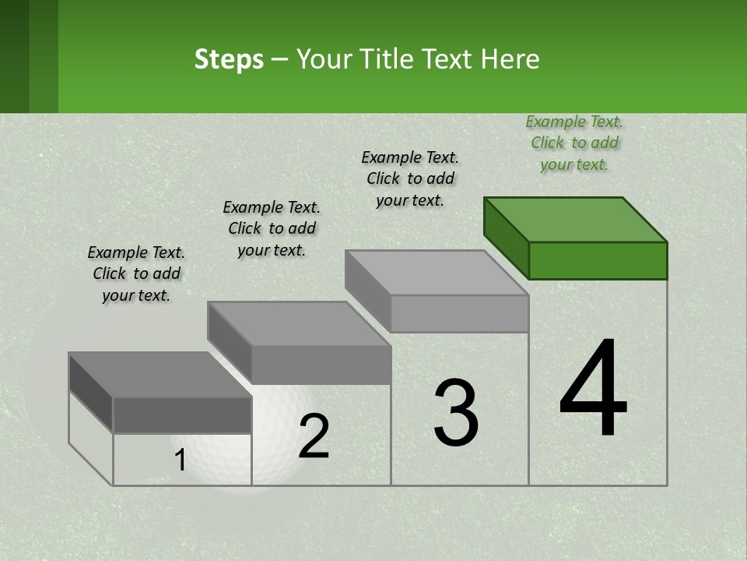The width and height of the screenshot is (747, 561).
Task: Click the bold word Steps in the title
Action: (229, 59)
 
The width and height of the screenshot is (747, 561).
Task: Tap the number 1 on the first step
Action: (181, 460)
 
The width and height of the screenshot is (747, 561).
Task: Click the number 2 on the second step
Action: (314, 436)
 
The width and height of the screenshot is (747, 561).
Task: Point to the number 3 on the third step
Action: (456, 413)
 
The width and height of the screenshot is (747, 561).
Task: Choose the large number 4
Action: (593, 390)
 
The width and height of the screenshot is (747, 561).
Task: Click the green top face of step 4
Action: (574, 220)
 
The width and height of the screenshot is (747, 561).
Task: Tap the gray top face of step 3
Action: (436, 273)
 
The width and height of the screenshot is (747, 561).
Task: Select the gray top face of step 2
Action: (299, 324)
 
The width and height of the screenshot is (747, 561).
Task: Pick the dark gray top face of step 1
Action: (160, 375)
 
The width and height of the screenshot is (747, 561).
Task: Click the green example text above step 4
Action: (574, 143)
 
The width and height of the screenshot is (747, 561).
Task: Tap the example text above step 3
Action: (410, 178)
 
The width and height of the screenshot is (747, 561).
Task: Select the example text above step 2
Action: (272, 228)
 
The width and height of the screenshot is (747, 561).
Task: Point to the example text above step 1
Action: (136, 273)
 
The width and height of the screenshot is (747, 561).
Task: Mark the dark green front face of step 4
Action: (598, 260)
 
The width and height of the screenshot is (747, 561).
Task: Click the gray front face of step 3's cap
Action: (459, 313)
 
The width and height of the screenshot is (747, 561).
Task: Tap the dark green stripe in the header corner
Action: (14, 56)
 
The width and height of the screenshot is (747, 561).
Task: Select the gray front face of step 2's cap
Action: (321, 365)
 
